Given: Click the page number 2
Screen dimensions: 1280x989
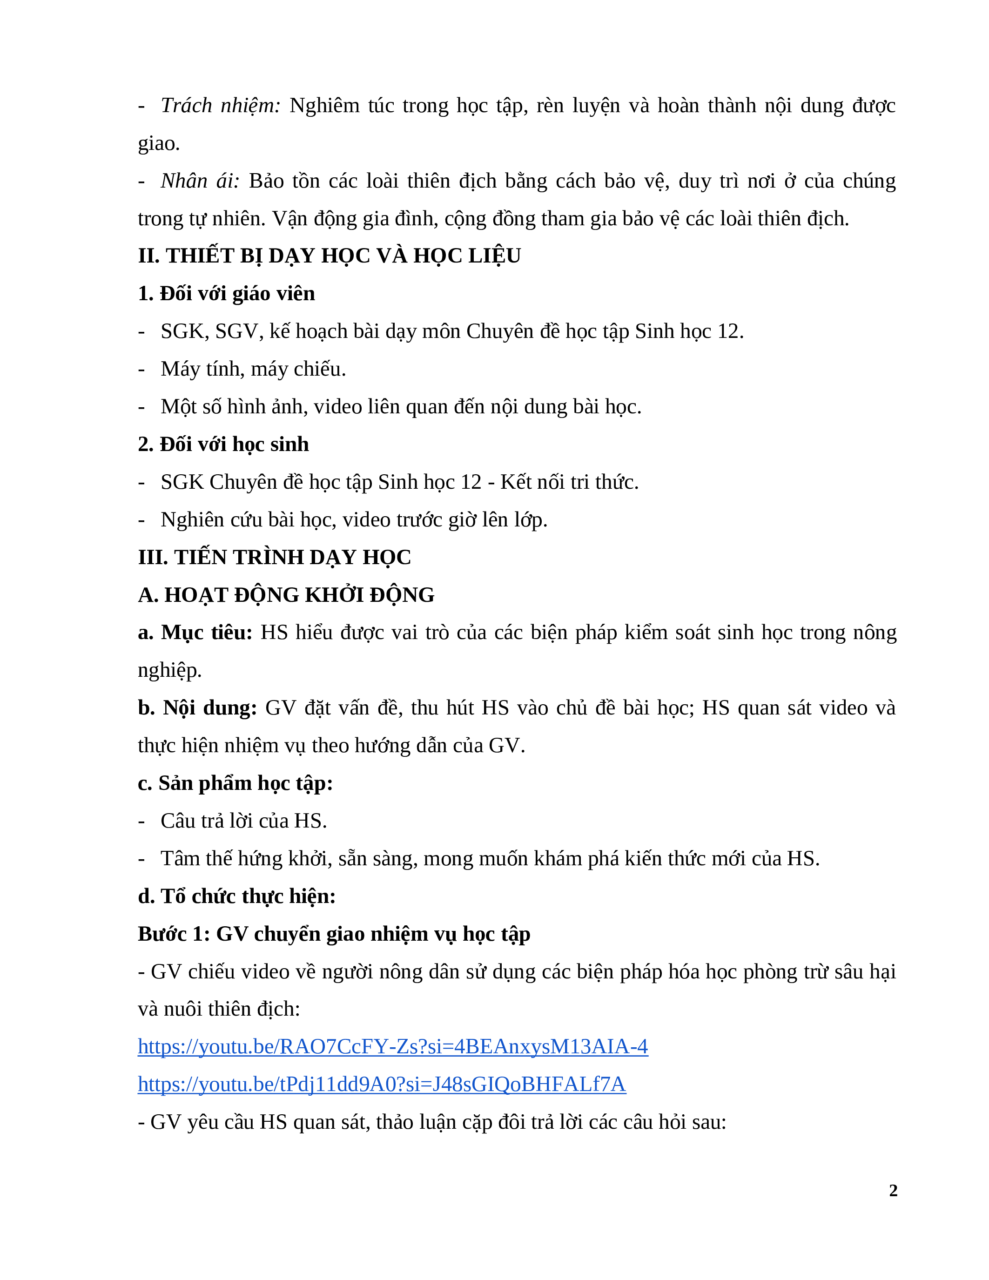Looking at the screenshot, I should click(893, 1190).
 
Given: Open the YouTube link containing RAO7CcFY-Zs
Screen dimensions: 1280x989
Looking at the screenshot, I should click(392, 1047).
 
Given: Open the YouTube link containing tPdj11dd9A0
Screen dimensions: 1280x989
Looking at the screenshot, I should click(382, 1084).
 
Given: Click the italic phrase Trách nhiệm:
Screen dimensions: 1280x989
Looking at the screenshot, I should click(220, 106).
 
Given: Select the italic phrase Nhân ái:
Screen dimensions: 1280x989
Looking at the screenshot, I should click(200, 181).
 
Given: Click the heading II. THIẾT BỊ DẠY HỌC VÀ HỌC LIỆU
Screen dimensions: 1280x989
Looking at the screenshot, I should click(329, 256).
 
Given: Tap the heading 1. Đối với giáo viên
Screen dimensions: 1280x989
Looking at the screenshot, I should click(226, 294).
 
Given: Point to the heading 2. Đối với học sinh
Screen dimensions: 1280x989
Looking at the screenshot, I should click(223, 444).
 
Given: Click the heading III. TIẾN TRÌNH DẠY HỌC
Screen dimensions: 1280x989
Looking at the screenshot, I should click(274, 557).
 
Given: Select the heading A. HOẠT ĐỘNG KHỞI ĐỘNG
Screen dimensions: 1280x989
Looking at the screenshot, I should click(286, 595).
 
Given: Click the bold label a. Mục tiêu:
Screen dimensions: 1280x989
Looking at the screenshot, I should click(195, 633).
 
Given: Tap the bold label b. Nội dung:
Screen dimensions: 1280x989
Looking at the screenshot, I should click(197, 708).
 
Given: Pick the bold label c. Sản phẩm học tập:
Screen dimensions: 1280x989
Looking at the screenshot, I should click(235, 783).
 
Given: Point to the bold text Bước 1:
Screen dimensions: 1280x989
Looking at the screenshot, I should click(174, 934).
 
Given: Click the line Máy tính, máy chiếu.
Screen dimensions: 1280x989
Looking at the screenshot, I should click(253, 369).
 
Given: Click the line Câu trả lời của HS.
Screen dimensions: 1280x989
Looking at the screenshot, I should click(244, 821).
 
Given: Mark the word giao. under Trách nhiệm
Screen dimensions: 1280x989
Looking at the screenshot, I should click(158, 143).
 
